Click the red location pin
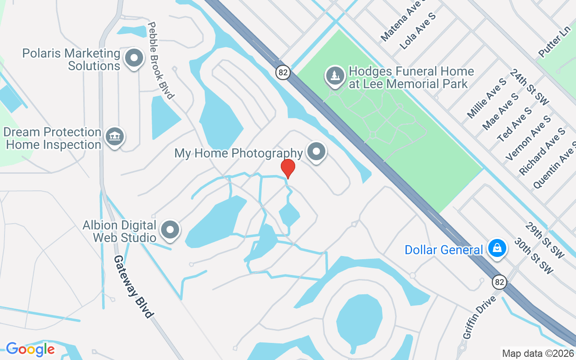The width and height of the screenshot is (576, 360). point(288,168)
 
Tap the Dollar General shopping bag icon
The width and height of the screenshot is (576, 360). point(497,248)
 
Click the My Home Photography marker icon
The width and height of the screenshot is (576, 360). point(316,152)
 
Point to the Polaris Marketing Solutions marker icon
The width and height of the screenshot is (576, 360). point(134,58)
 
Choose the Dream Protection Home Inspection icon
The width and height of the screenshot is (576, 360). point(114,136)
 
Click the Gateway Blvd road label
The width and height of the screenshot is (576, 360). point(134,287)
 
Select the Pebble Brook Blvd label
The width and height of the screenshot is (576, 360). point(160,60)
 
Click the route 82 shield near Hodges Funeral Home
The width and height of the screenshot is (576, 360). point(283,72)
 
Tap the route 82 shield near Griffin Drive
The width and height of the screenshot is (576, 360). point(499,282)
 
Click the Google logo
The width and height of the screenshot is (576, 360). point(30,349)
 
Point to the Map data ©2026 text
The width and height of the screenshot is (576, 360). point(537,353)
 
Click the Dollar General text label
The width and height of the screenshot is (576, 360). point(444,250)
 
